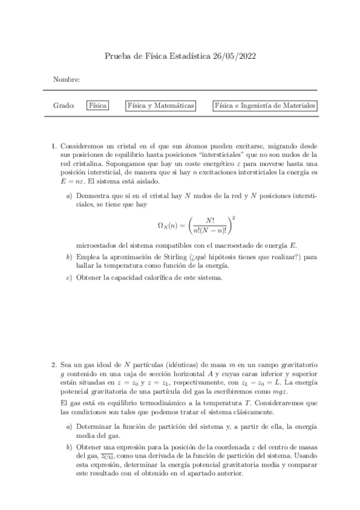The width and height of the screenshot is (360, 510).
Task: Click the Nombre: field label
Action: point(67,79)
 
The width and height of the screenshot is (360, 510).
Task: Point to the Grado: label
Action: point(64,105)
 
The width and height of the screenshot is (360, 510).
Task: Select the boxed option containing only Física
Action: point(97,105)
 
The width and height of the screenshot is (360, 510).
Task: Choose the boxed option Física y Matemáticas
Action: point(160,105)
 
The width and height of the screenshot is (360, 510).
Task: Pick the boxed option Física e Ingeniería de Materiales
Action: point(265,105)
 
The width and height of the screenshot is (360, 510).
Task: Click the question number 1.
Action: point(54,146)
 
